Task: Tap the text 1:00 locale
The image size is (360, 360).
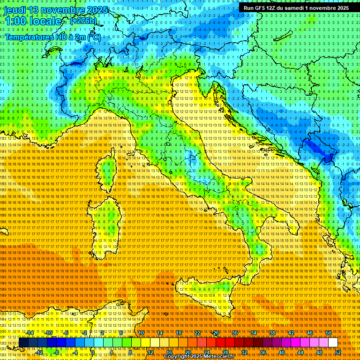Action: pyautogui.click(x=33, y=21)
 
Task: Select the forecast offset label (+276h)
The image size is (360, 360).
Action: pyautogui.click(x=83, y=21)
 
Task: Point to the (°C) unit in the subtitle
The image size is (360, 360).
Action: pyautogui.click(x=93, y=37)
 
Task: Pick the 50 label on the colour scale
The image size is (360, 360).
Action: pyautogui.click(x=329, y=333)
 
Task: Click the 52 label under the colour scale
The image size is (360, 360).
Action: pyautogui.click(x=338, y=352)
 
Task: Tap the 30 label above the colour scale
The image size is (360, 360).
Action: pyautogui.click(x=234, y=333)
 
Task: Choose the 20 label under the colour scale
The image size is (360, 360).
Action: pyautogui.click(x=187, y=352)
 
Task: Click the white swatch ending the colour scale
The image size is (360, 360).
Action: pyautogui.click(x=333, y=343)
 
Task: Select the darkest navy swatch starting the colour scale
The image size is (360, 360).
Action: pyautogui.click(x=23, y=343)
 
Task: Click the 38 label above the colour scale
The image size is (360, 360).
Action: pyautogui.click(x=272, y=333)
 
